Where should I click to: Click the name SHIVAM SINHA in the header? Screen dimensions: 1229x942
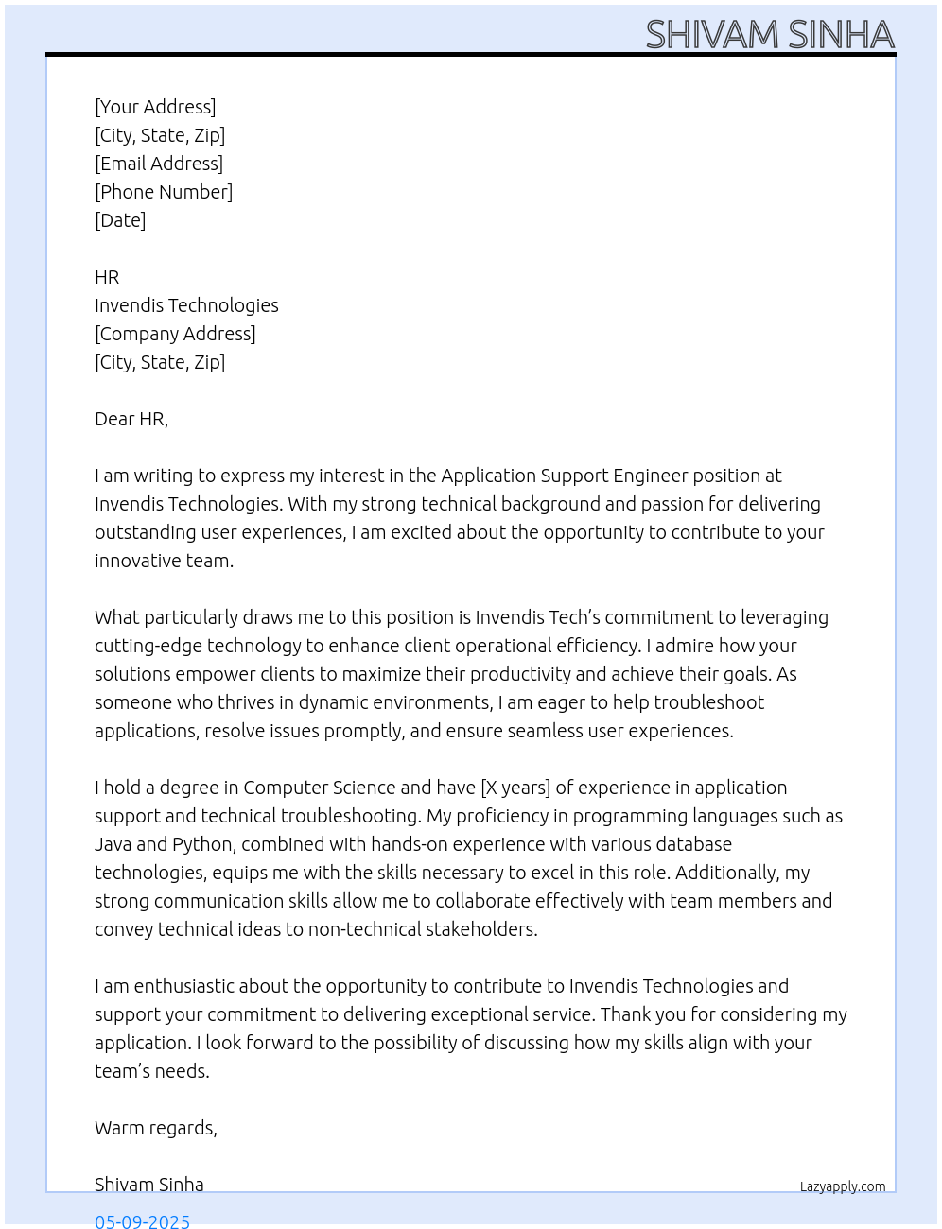770,35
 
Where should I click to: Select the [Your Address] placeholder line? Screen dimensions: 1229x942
155,107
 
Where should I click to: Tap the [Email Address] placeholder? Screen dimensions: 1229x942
159,164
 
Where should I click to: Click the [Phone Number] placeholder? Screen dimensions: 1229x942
164,192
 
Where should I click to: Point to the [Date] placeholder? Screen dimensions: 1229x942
120,220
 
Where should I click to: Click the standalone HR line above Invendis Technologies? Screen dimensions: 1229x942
107,277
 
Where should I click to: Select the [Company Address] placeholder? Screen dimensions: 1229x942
175,334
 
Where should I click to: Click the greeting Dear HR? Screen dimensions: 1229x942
131,419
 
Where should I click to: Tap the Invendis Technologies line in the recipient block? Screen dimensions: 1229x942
186,305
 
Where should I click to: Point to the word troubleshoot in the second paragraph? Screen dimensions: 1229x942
708,702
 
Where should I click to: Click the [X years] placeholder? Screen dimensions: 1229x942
515,788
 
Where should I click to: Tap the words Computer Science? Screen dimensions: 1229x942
319,788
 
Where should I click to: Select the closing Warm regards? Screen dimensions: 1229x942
156,1128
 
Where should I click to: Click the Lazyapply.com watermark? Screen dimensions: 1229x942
843,1186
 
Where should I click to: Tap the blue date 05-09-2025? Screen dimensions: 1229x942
142,1220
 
